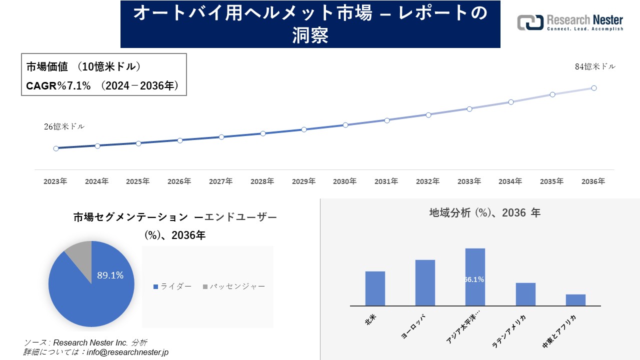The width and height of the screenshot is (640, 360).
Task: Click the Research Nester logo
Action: pos(570,22)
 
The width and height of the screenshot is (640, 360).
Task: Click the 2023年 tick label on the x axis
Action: pos(55,181)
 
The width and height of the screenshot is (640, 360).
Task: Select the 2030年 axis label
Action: pos(345,181)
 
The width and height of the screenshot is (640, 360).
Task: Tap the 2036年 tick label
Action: pos(593,181)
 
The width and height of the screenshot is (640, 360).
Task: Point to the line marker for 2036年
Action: pos(594,88)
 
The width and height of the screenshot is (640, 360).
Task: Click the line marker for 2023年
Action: pos(56,148)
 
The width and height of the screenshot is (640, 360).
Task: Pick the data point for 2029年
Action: pos(304,129)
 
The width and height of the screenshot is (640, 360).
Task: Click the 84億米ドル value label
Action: pos(595,66)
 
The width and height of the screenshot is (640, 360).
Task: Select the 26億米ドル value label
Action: pos(64,126)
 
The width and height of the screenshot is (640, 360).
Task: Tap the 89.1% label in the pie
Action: pos(110,275)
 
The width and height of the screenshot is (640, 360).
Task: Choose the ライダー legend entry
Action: pos(172,286)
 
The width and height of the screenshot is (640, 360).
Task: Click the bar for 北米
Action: pos(375,288)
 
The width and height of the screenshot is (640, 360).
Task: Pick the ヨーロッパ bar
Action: pos(425,282)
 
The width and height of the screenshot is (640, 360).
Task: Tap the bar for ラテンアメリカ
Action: pos(525,294)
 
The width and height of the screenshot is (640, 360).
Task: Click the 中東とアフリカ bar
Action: pos(575,300)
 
